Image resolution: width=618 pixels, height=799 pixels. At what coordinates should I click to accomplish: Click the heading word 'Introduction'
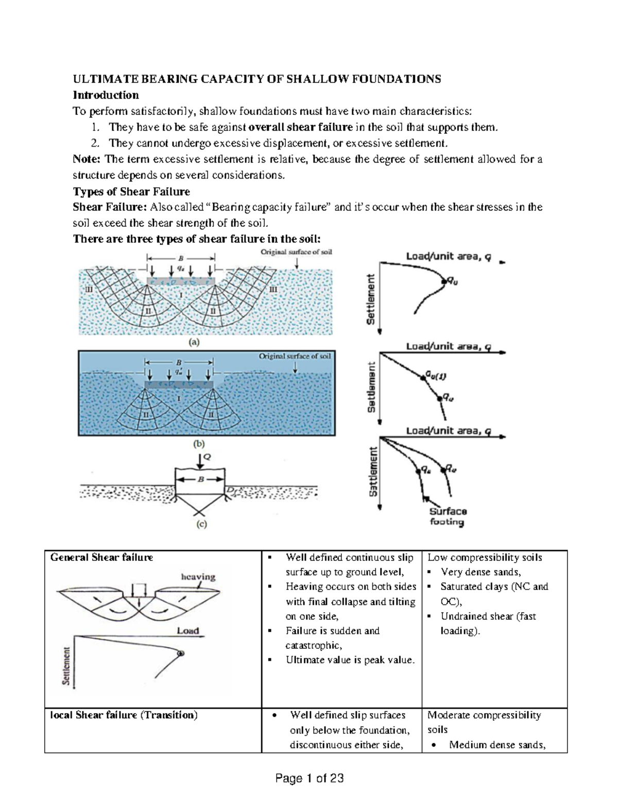coord(106,95)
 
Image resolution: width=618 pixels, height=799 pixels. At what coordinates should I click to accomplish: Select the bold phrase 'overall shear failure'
coord(300,127)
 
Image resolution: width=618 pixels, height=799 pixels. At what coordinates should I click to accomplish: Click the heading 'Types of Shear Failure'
coord(131,191)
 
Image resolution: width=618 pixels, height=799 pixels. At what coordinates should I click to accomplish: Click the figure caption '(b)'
coord(198,443)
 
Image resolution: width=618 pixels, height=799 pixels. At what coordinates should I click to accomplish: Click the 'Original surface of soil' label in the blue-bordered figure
coord(295,356)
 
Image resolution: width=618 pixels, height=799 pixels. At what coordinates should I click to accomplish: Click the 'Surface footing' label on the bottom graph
coord(448,517)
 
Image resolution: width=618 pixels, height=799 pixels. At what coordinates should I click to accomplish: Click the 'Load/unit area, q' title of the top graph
coord(448,256)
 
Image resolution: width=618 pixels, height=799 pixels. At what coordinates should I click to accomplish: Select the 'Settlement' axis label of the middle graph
coord(371,387)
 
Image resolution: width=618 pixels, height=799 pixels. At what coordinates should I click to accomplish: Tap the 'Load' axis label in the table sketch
coord(188,630)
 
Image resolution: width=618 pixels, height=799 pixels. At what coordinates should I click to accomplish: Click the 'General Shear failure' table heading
coord(101,557)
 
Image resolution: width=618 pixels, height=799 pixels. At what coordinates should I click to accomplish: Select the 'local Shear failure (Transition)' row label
coord(124,715)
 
